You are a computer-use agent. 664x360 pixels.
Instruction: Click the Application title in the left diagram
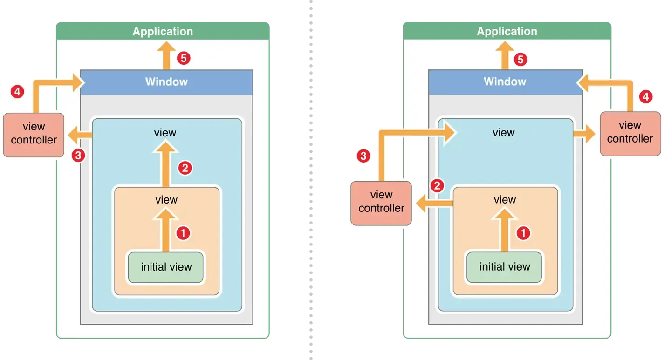coord(163,32)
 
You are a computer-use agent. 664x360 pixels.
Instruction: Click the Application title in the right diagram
coord(507,32)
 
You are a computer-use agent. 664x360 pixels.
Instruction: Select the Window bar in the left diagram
coord(166,82)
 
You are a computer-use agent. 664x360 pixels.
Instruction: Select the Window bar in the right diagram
coord(505,82)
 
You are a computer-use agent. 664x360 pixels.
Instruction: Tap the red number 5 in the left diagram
coord(184,59)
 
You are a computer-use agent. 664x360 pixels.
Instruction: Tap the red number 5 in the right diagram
coord(520,59)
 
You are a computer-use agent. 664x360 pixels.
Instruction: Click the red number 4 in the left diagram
coord(17,92)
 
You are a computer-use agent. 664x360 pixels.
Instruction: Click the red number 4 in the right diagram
coord(645,97)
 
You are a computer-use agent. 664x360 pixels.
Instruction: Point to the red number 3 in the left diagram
coord(79,155)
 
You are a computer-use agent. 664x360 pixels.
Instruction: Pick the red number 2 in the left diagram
coord(185,168)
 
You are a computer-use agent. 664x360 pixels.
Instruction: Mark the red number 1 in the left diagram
coord(183,233)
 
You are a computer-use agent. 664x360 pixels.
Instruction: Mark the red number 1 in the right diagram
coord(523,233)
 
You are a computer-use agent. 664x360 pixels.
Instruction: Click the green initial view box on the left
coord(166,267)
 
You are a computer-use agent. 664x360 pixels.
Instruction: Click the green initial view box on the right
coord(505,267)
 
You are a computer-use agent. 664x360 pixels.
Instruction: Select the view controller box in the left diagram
coord(34,133)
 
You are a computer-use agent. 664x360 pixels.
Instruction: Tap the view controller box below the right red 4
coord(630,132)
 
